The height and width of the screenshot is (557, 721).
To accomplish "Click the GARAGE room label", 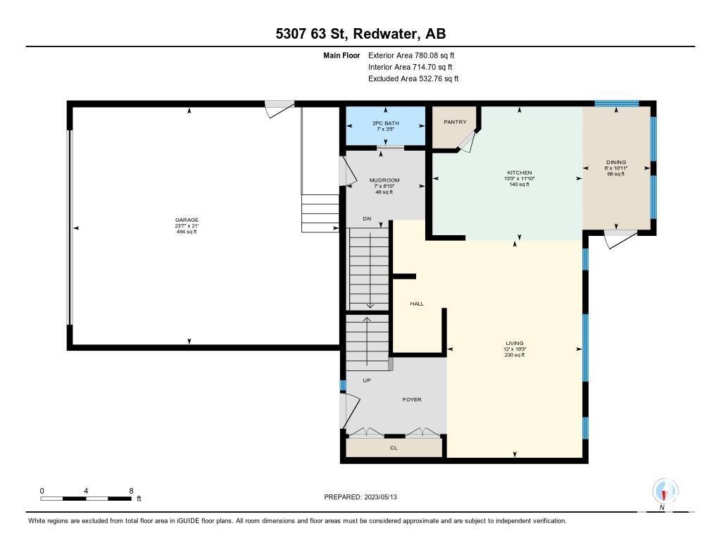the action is (187, 220).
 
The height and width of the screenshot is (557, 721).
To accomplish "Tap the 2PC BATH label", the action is (385, 123).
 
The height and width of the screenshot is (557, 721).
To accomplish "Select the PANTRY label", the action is (455, 122).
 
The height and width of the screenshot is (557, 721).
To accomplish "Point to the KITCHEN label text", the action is (519, 173).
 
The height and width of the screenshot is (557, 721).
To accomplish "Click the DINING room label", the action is (615, 162).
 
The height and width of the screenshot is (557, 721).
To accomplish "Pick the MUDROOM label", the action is (384, 180).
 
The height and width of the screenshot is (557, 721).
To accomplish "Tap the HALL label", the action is (417, 303).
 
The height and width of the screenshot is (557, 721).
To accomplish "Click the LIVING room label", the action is (515, 343).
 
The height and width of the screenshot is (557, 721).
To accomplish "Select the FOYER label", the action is (412, 400).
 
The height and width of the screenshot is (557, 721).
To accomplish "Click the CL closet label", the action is (394, 448).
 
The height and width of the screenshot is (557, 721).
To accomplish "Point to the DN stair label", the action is (366, 219).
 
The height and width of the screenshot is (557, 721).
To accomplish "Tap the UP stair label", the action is (366, 380).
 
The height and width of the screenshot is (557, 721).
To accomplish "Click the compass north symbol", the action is (665, 492).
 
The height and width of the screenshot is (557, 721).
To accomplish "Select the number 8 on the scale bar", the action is (131, 491).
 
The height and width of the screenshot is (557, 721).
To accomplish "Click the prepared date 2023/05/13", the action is (381, 496).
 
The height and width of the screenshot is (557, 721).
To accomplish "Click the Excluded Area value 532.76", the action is (430, 79).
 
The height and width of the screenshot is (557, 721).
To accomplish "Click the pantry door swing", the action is (468, 141).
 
